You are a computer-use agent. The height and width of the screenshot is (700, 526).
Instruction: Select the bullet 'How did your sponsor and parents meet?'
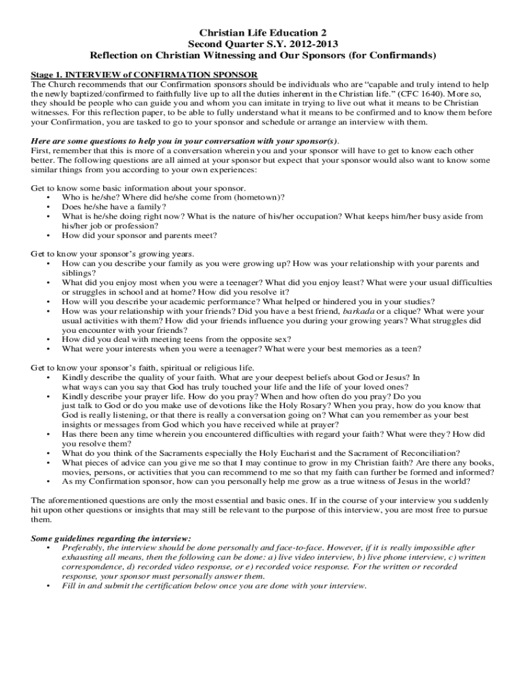(x=139, y=235)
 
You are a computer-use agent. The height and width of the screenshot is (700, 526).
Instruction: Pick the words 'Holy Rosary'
(x=275, y=405)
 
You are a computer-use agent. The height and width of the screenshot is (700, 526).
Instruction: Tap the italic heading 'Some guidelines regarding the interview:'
(x=111, y=538)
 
